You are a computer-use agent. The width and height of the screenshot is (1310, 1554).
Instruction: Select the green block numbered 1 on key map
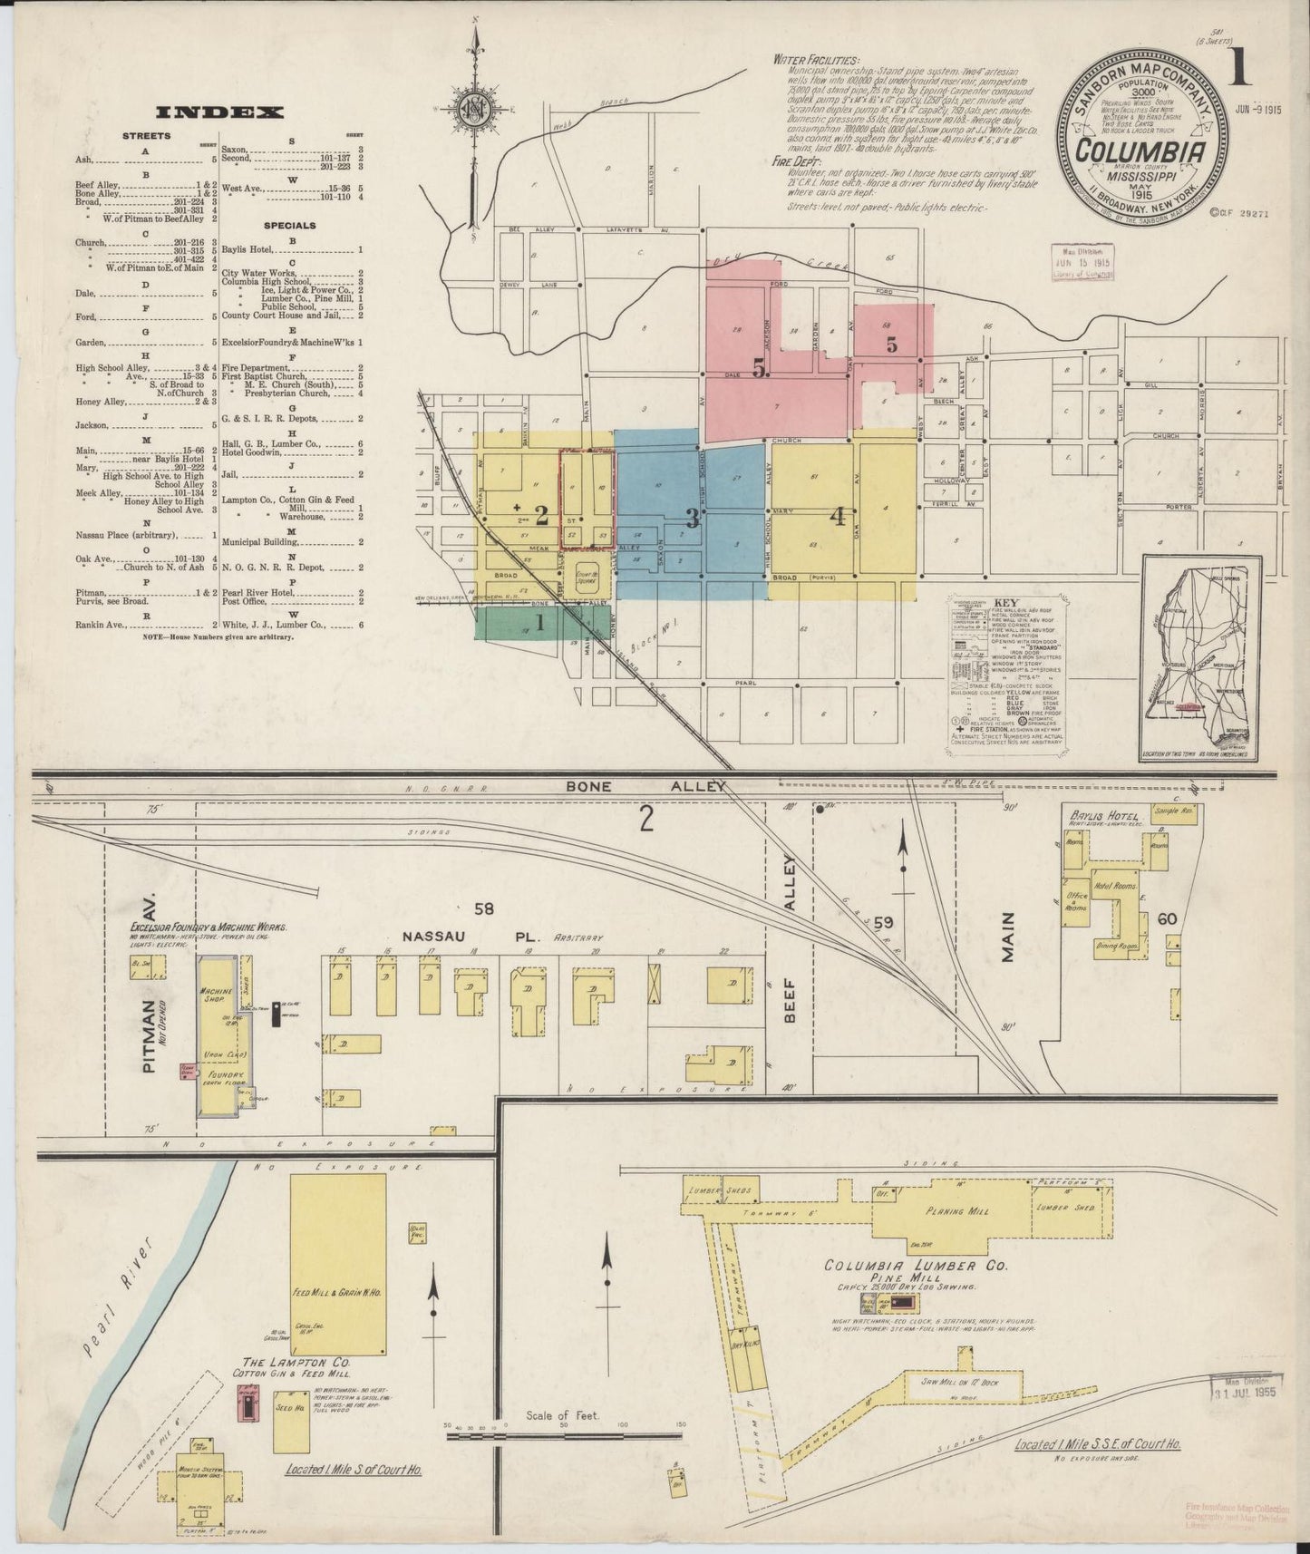(x=541, y=623)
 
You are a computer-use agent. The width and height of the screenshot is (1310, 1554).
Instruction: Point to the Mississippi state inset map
(x=1201, y=656)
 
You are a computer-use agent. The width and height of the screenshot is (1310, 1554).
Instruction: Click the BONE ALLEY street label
(x=645, y=787)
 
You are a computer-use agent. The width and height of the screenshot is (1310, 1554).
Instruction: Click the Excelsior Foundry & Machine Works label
(x=210, y=928)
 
